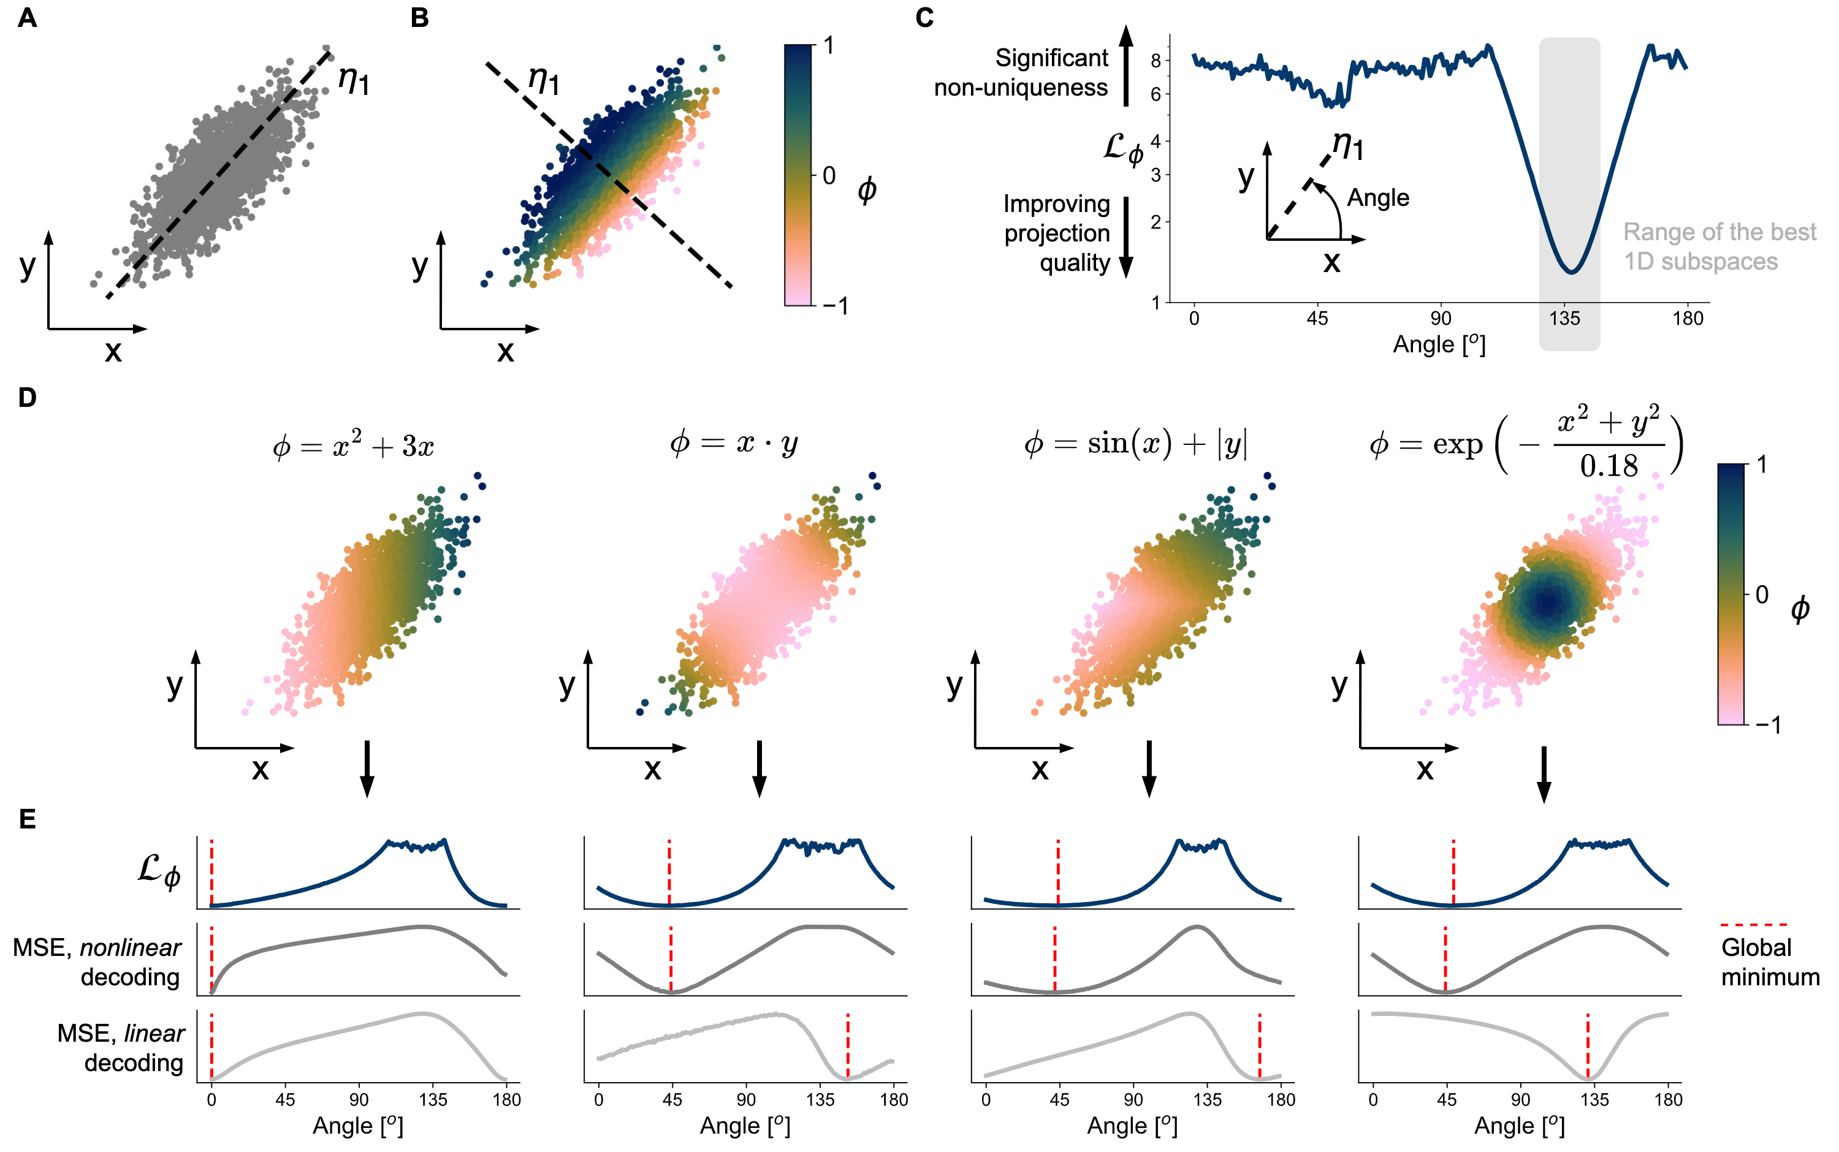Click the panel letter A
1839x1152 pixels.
tap(27, 18)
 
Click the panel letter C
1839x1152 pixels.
tap(924, 18)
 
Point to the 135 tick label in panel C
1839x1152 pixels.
tap(1564, 319)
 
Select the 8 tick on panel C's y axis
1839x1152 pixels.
tap(1156, 60)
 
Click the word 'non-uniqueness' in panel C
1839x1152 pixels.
tap(1021, 88)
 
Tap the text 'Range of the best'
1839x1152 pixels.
tap(1719, 232)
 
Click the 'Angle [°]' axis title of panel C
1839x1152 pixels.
tap(1439, 344)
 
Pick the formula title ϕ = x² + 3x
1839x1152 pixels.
tap(353, 445)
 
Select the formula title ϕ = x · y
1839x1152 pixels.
tap(733, 442)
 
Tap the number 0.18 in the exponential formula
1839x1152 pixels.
tap(1609, 466)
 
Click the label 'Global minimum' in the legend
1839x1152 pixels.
tap(1770, 961)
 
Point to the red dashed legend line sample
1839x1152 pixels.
tap(1753, 924)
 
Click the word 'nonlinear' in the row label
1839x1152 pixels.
tap(131, 947)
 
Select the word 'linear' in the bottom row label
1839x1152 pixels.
tap(154, 1033)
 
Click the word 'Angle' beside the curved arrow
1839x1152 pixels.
tap(1378, 198)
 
